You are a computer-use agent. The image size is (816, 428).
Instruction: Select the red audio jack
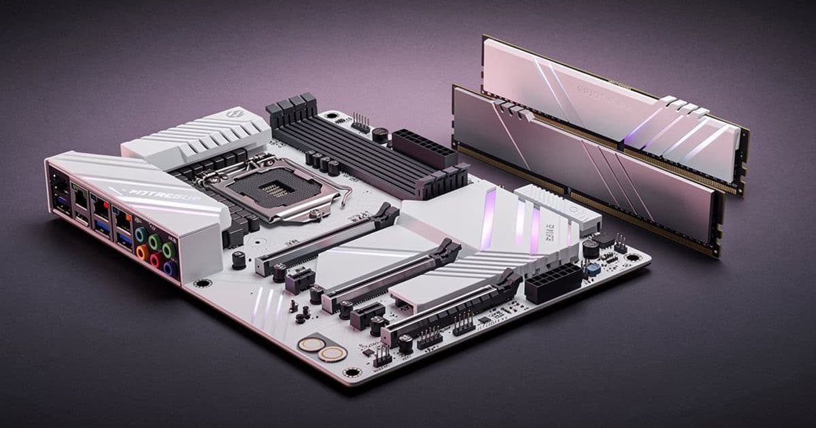[x=156, y=260]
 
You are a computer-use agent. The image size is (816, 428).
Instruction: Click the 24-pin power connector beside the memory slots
[x=424, y=147]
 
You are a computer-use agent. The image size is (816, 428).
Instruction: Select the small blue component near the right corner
[x=594, y=269]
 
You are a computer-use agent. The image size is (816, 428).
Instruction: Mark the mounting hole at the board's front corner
[x=351, y=372]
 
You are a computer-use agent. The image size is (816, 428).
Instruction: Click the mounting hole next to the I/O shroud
[x=202, y=283]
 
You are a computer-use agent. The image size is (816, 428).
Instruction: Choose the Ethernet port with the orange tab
[x=123, y=218]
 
